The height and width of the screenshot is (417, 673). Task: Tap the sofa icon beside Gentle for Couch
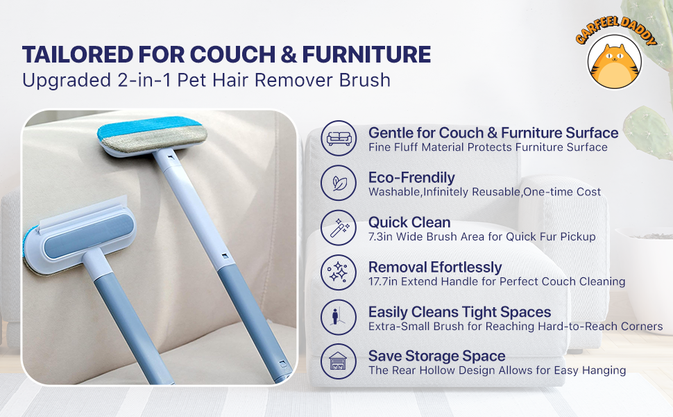(x=339, y=138)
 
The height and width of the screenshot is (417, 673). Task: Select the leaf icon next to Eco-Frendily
(x=339, y=183)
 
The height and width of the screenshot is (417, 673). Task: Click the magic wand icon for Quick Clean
(x=339, y=228)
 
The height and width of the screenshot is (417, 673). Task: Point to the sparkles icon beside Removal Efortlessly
(x=339, y=272)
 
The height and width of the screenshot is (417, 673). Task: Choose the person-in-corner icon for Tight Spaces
(x=338, y=317)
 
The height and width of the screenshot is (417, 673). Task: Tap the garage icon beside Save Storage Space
(x=339, y=361)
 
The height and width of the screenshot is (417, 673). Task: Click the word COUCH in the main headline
(x=232, y=55)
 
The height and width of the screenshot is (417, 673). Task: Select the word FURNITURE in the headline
(x=366, y=55)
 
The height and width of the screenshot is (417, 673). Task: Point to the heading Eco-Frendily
(x=411, y=177)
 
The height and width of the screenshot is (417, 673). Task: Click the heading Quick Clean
(x=409, y=222)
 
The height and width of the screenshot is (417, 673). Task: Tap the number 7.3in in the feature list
(x=380, y=236)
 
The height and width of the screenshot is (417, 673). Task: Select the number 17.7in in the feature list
(x=383, y=281)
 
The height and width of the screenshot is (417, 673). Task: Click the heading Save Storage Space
(x=437, y=356)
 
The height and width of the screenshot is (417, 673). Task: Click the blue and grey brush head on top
(x=152, y=136)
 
